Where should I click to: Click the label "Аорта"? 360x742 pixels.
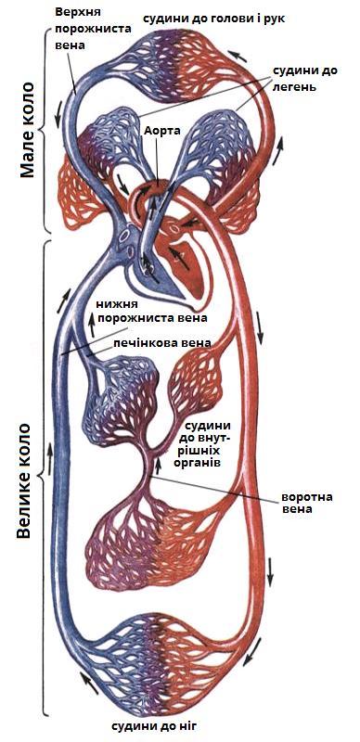161,130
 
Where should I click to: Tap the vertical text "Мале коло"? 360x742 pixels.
27,129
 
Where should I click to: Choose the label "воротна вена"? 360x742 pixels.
307,503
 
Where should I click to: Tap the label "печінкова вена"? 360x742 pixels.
162,342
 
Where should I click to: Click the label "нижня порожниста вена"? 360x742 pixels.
151,311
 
